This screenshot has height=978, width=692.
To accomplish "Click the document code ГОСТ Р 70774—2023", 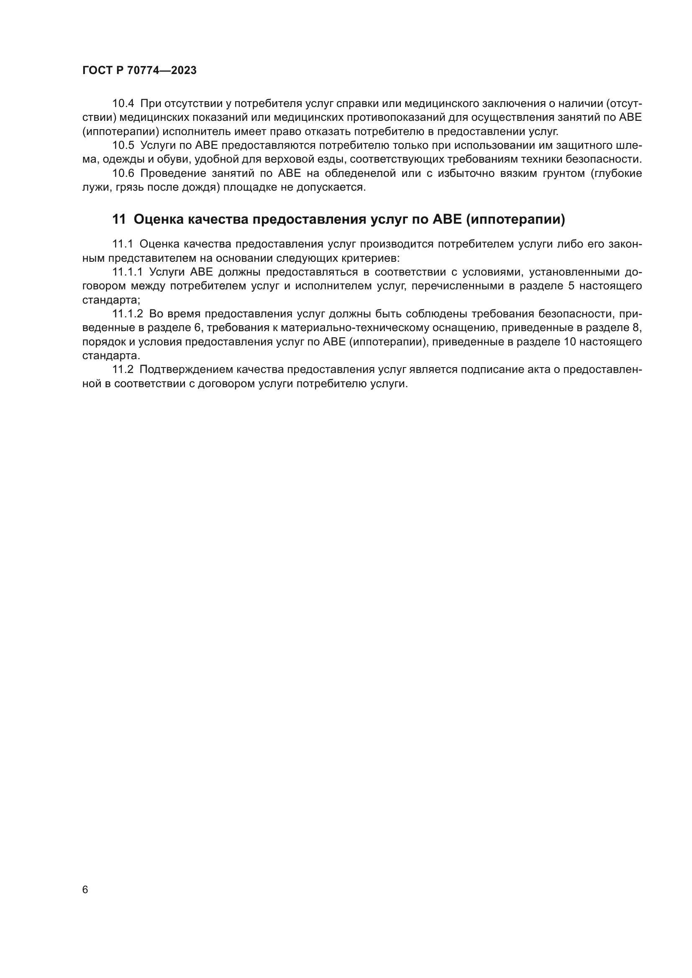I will (139, 71).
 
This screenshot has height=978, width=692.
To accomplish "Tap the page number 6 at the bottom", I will (85, 890).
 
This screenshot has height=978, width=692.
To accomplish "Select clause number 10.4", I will (123, 104).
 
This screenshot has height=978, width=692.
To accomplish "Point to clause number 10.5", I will (123, 145).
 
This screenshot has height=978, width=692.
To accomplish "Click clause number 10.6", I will (123, 174).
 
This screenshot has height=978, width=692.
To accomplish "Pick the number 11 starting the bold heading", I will (119, 220).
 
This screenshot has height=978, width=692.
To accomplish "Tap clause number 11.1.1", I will (128, 272).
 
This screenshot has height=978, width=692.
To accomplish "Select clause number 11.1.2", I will (128, 314).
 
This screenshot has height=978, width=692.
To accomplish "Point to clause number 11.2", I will (123, 370).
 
